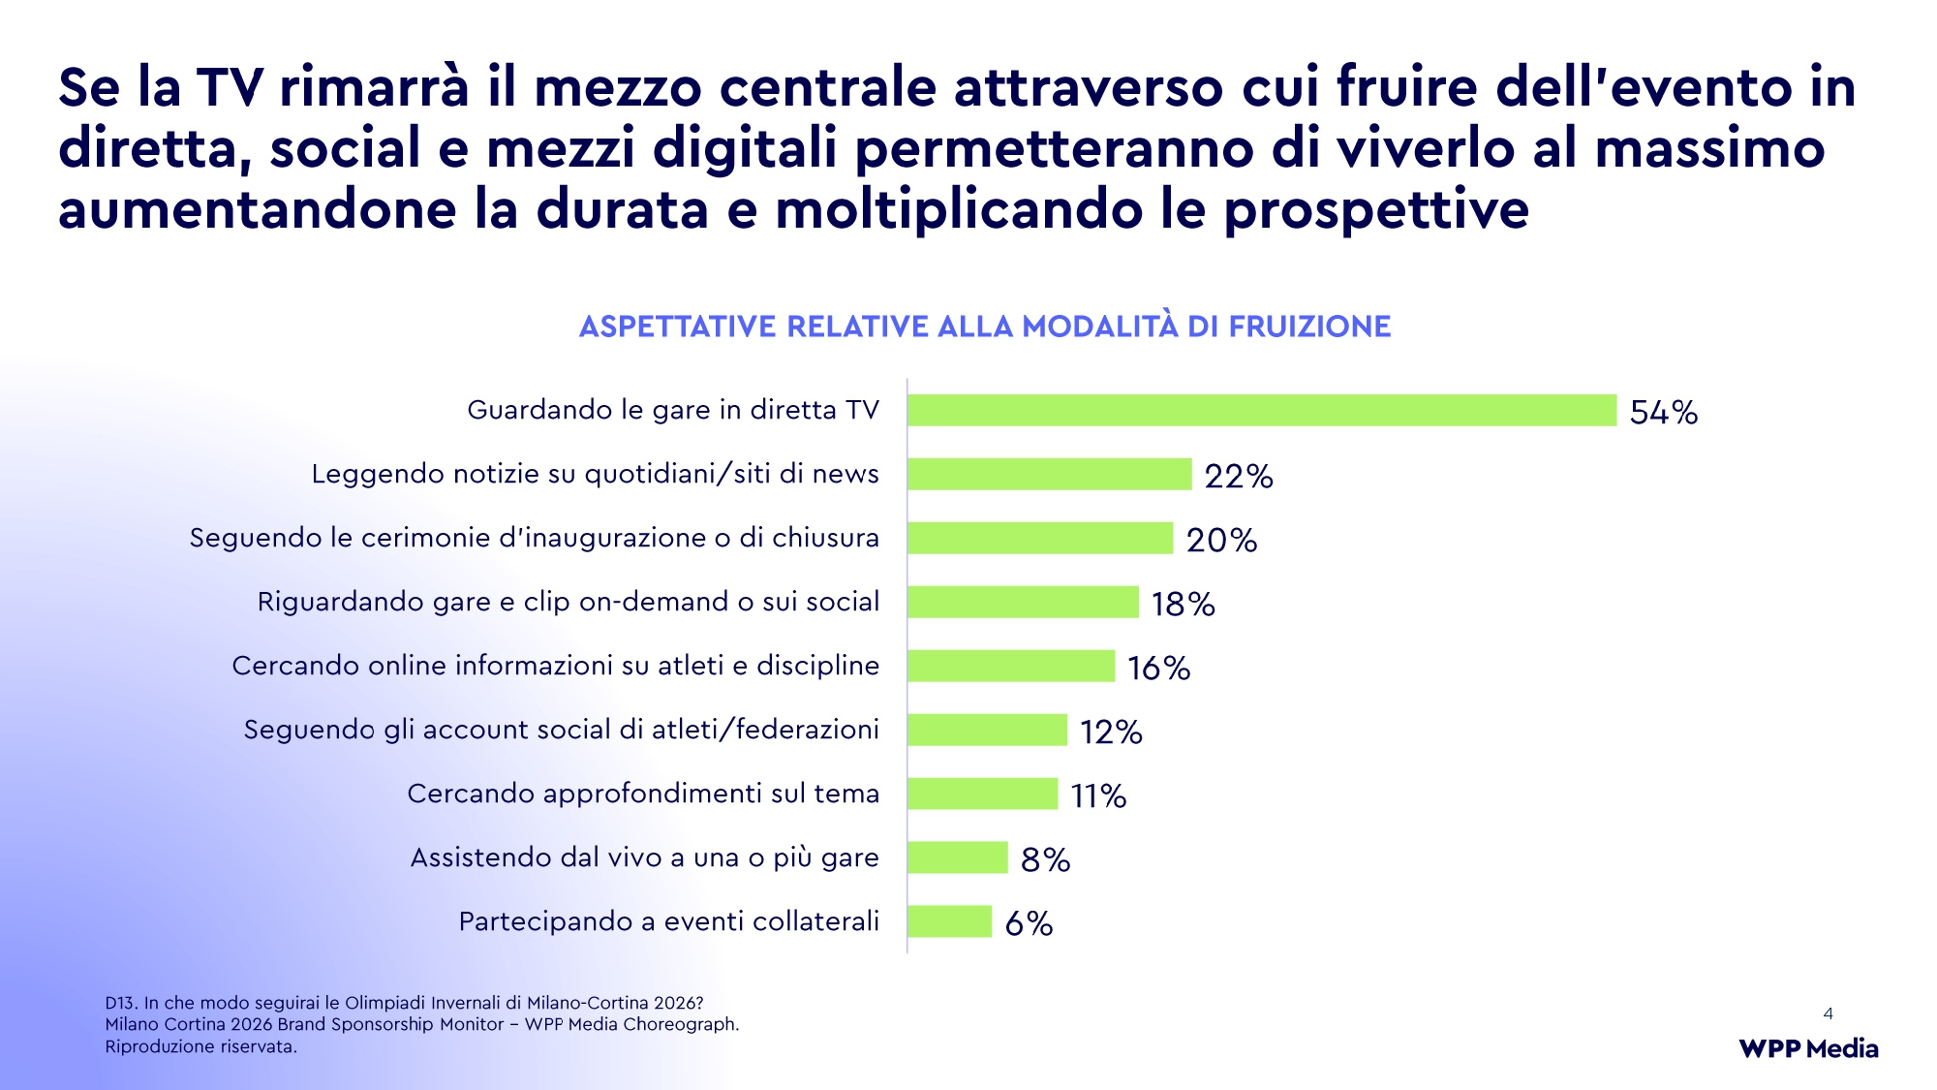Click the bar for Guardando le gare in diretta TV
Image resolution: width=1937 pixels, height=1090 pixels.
[x=1261, y=411]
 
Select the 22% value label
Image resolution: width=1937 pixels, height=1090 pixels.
[x=1239, y=476]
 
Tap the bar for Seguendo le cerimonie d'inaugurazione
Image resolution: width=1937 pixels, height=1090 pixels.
[x=1040, y=539]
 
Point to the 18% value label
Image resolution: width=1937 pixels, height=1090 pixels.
[x=1183, y=604]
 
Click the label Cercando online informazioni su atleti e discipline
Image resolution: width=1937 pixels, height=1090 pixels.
[x=555, y=666]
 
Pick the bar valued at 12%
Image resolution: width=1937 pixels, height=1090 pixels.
[x=987, y=730]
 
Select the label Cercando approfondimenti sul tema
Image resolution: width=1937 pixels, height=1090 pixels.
[x=643, y=794]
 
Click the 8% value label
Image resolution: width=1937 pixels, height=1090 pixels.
[x=1045, y=859]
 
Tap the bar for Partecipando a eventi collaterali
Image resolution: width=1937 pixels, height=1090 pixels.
[x=949, y=921]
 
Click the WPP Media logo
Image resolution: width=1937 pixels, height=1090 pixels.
[x=1808, y=1048]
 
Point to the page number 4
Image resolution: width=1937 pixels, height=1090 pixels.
[x=1828, y=1013]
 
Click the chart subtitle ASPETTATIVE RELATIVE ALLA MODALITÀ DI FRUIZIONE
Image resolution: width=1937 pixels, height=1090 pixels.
[x=984, y=327]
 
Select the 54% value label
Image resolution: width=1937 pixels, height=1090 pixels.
[x=1663, y=412]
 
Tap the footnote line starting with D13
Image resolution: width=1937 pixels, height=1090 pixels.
[x=404, y=1003]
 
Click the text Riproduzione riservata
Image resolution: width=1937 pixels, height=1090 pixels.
[x=200, y=1046]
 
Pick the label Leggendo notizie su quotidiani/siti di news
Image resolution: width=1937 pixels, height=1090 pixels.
[x=595, y=474]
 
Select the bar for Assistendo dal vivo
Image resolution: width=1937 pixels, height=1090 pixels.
[x=958, y=857]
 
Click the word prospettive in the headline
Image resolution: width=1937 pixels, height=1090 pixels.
[x=1375, y=210]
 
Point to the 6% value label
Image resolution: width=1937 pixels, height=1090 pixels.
[x=1029, y=923]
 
